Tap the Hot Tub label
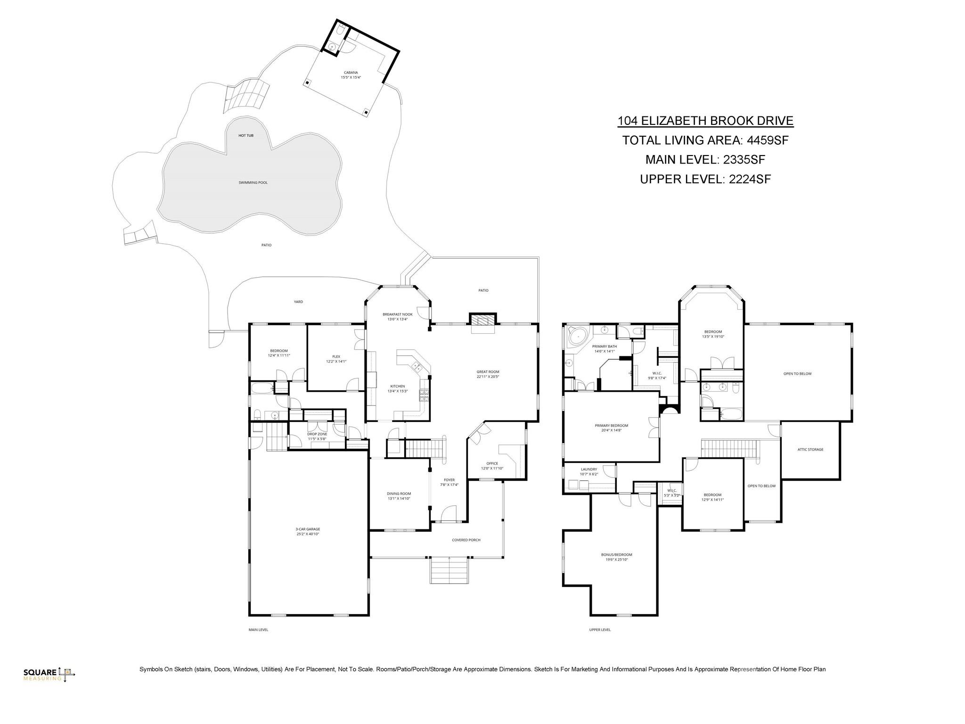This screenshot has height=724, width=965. pyautogui.click(x=245, y=135)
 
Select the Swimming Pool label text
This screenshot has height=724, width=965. pyautogui.click(x=253, y=182)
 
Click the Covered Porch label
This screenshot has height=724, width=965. pyautogui.click(x=466, y=540)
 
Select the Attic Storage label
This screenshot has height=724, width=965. pyautogui.click(x=810, y=449)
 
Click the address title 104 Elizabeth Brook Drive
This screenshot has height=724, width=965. pyautogui.click(x=705, y=121)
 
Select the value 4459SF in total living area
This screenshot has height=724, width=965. pyautogui.click(x=768, y=140)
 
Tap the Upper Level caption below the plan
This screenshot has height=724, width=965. pyautogui.click(x=600, y=629)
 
